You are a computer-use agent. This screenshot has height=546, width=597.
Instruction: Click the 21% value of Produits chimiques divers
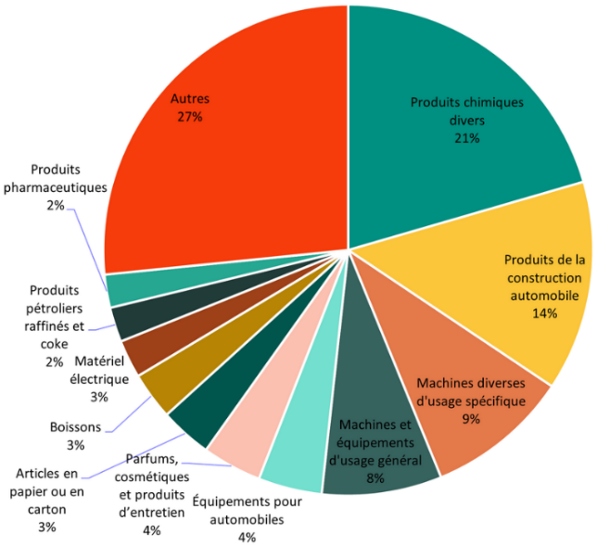pos(466,138)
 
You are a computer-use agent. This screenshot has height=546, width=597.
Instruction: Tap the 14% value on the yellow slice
pos(545,313)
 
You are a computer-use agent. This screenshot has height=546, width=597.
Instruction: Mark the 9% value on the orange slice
pos(471,419)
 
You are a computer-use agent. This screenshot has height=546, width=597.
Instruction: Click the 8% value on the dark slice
pos(375,478)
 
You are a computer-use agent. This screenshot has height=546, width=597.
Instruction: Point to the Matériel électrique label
pos(100,369)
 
